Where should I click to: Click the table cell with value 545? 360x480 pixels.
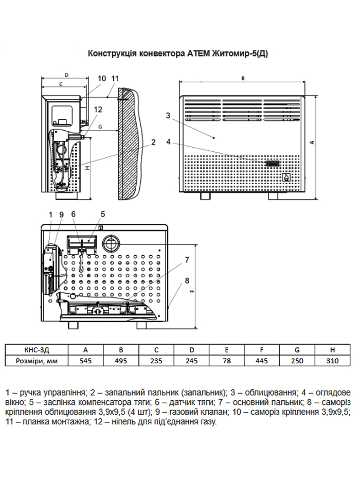coord(86,361)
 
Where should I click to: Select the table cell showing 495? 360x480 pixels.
coord(121,361)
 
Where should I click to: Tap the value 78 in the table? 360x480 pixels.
coord(227,361)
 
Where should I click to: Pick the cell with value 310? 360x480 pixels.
coord(332,361)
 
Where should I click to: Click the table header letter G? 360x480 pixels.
coord(297,349)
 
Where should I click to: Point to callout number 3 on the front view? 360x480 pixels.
coord(168,115)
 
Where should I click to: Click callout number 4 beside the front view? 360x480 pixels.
coord(168,140)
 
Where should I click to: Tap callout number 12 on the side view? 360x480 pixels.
coord(98,110)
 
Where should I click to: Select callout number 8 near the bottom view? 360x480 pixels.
coord(187,280)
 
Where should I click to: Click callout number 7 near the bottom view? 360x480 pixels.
coord(187,259)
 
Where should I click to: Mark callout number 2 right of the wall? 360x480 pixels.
coord(153,141)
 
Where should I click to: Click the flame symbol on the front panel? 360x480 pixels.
coord(286,178)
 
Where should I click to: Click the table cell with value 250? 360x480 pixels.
coord(297,361)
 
